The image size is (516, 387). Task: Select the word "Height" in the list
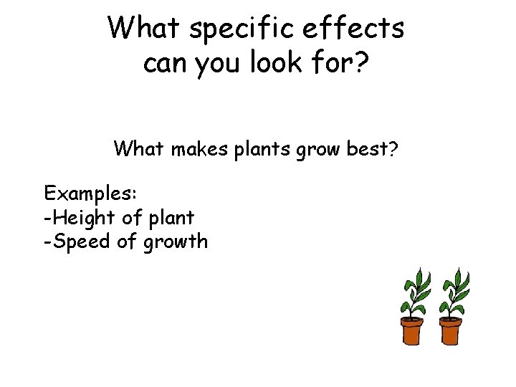[x=80, y=217]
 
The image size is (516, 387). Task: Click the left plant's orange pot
[x=412, y=332]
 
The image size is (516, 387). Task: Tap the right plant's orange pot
[x=450, y=332]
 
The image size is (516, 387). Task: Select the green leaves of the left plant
[x=414, y=290]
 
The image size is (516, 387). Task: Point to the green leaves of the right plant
[x=453, y=290]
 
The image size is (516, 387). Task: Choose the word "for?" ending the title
[x=349, y=64]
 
